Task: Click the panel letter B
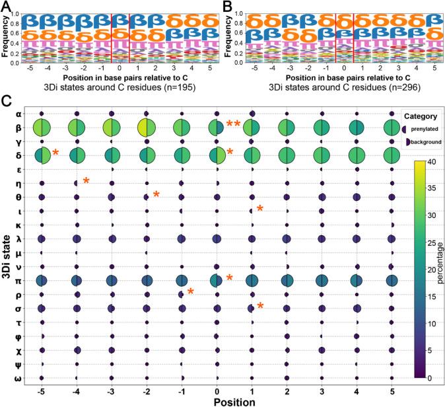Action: [227, 7]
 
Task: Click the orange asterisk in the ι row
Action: [260, 209]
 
